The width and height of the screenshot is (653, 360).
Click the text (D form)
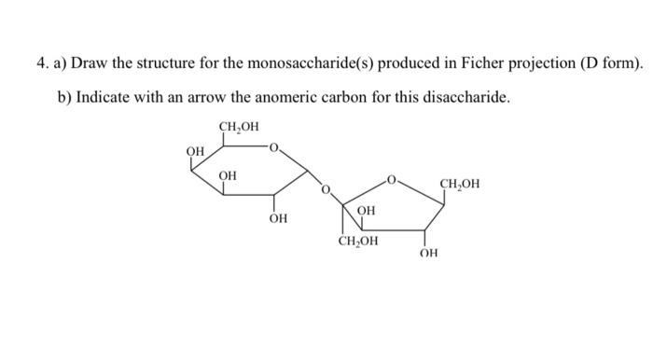[x=609, y=63]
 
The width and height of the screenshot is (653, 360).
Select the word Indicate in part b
[x=104, y=97]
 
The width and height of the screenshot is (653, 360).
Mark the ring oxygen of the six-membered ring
[x=272, y=145]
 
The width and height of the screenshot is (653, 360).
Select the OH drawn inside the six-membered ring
[x=227, y=174]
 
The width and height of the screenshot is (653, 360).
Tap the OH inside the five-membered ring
[x=367, y=212]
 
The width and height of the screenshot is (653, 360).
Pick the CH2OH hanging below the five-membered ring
[x=358, y=242]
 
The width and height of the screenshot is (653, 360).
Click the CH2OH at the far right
[x=460, y=183]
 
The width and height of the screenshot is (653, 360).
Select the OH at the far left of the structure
[x=194, y=151]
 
